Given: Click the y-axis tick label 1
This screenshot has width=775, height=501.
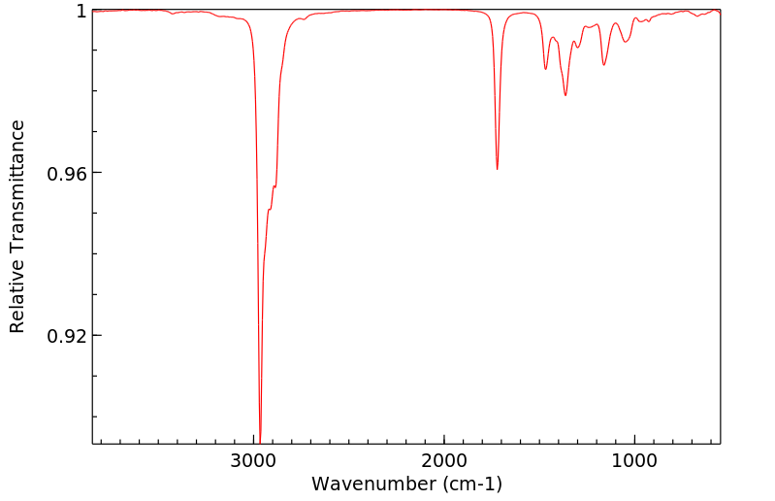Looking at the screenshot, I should (81, 11).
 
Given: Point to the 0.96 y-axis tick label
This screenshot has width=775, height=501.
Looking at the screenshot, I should (68, 174).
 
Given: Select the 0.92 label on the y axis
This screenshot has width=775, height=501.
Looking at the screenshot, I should (68, 336).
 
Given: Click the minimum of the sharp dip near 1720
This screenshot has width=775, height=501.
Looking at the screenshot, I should (498, 169).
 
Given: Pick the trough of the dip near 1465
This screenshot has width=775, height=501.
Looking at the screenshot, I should (546, 69).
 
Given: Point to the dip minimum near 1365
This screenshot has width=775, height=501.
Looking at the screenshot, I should (565, 95).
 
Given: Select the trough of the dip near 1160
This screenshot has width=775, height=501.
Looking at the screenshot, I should (603, 65).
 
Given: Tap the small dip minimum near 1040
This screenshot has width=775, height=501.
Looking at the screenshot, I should (626, 42).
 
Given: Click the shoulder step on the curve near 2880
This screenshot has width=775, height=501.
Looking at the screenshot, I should (274, 186).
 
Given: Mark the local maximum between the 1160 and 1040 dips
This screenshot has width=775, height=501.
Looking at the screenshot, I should (616, 22).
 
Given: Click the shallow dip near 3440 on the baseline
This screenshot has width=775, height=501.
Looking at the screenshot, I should (172, 14).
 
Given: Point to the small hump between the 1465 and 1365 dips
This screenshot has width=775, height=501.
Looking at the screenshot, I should (553, 38).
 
